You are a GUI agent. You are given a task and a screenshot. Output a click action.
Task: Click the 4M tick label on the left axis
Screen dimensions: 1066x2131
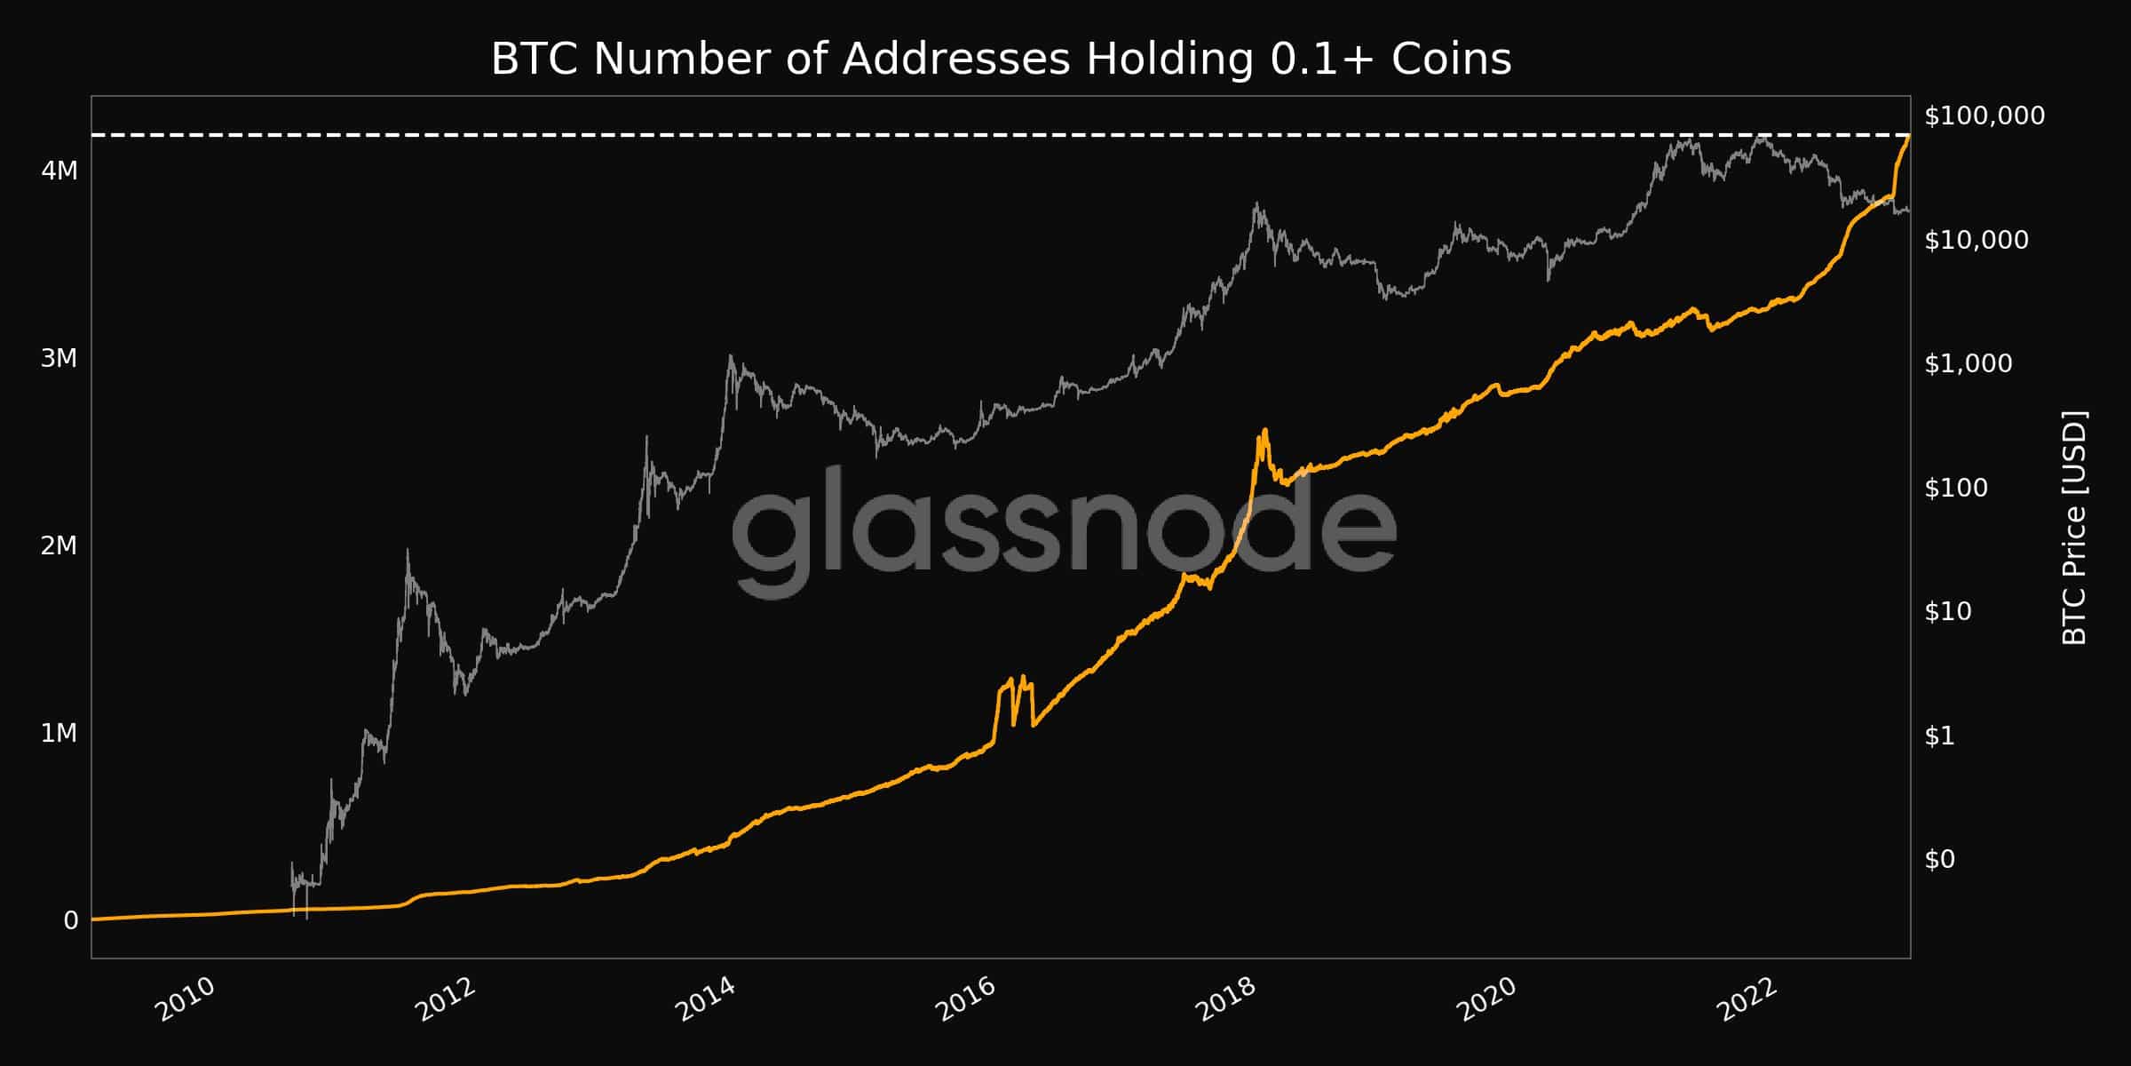click(x=59, y=170)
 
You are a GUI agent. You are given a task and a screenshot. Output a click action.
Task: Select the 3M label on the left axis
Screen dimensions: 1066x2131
click(x=59, y=358)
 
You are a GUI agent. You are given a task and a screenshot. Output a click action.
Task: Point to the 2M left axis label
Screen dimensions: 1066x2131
click(x=59, y=545)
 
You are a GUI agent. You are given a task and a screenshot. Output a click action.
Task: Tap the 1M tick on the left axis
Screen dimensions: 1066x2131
click(x=59, y=733)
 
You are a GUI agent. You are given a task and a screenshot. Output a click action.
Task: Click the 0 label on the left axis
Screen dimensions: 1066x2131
click(x=71, y=920)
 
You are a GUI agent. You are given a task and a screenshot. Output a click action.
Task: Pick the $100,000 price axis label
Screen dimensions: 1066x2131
click(x=1984, y=115)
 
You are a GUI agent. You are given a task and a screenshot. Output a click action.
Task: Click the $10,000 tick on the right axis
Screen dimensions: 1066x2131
click(x=1977, y=240)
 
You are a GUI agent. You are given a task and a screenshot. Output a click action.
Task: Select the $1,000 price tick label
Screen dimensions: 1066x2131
click(x=1969, y=363)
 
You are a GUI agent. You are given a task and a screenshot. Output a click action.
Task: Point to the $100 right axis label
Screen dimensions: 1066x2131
click(x=1956, y=488)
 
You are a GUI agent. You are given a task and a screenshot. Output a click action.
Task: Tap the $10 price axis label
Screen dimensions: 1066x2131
click(x=1948, y=611)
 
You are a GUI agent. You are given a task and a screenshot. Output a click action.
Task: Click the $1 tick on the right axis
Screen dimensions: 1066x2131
click(x=1940, y=736)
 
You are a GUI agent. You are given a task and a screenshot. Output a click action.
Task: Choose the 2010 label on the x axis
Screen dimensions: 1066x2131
click(x=185, y=999)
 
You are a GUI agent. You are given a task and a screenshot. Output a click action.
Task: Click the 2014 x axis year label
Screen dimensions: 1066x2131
click(x=705, y=999)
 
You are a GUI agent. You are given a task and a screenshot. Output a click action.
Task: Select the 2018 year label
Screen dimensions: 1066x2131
click(x=1226, y=999)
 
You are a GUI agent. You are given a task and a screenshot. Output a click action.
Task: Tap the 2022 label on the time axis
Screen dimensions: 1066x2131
click(x=1747, y=999)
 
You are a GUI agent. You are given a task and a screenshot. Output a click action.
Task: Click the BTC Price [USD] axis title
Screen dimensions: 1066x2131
click(x=2074, y=528)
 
